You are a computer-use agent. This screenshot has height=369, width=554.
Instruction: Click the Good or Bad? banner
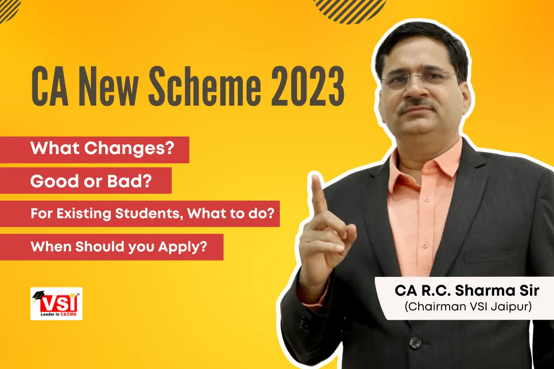click(86, 181)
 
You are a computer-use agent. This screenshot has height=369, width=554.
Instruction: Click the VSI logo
click(56, 303)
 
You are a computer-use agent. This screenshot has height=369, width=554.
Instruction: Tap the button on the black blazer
click(415, 342)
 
